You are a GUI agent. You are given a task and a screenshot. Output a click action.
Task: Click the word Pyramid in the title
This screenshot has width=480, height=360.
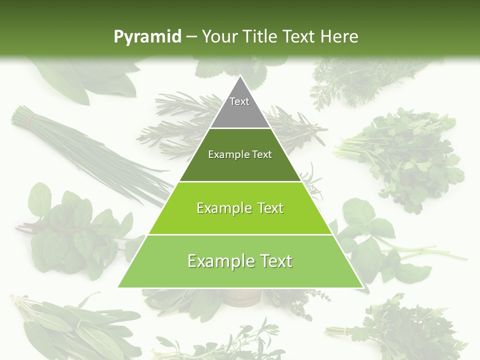(147, 36)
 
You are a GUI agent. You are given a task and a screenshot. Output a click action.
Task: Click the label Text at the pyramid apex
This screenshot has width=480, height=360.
(239, 101)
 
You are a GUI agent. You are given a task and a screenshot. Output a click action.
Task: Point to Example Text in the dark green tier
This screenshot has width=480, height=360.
(240, 154)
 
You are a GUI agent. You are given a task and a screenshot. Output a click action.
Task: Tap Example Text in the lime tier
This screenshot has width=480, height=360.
(240, 208)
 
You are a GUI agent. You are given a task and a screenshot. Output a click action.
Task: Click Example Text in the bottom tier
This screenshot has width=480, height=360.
(240, 261)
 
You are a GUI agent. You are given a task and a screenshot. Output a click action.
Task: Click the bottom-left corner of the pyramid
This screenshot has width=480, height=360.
(118, 287)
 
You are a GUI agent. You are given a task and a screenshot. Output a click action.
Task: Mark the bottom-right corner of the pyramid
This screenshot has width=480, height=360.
(362, 287)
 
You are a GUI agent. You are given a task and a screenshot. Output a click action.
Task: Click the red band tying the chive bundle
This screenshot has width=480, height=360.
(32, 119)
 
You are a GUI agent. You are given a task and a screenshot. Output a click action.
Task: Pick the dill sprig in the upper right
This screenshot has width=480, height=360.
(360, 80)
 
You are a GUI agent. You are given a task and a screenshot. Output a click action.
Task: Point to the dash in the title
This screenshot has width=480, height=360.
(191, 36)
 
